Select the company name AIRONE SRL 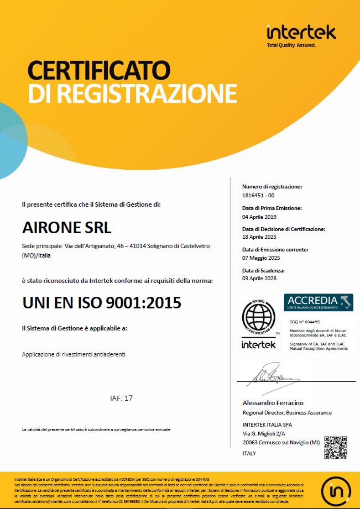point(66,227)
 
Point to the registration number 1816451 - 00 point(258,196)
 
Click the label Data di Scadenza point(263,270)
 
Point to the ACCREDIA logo point(319,302)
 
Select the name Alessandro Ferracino point(273,403)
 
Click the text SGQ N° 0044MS point(306,321)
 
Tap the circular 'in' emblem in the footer point(337,488)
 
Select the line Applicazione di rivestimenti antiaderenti point(74,354)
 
